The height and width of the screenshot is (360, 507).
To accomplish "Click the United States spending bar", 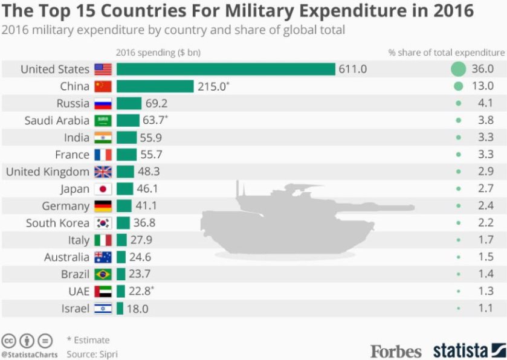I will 225,69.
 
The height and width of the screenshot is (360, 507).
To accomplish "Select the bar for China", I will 155,86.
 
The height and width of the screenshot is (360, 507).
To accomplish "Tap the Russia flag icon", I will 103,104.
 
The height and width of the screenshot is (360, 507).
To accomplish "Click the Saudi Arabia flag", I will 103,121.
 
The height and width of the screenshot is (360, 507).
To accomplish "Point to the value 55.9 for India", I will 150,138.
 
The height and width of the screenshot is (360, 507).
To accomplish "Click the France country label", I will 72,155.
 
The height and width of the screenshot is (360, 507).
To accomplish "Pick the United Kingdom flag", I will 103,172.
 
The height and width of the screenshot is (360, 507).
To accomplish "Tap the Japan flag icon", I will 103,189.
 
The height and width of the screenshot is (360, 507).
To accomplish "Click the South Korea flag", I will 103,223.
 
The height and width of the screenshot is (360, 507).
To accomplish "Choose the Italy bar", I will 121,240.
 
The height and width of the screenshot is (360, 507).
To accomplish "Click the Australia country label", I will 66,257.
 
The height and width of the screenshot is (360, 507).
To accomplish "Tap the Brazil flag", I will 103,274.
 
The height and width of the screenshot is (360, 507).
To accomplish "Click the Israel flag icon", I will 103,309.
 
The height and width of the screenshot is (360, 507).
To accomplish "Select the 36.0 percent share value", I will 485,69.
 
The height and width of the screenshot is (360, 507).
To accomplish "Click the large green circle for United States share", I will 459,69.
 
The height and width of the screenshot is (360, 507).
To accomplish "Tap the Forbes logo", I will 395,350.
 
